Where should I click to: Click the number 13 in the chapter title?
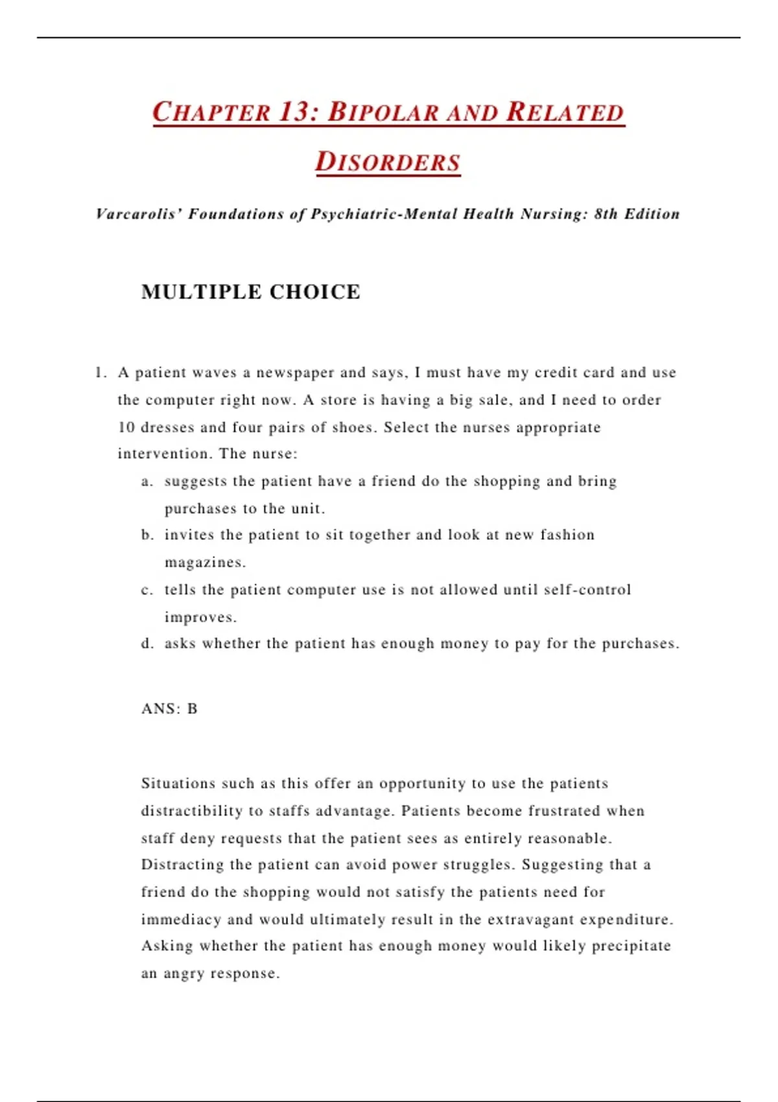[296, 111]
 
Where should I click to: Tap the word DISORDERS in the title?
[388, 162]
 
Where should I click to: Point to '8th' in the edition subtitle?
[606, 214]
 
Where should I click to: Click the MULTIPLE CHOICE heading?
[250, 292]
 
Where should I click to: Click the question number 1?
[99, 373]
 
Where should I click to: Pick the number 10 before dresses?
[126, 428]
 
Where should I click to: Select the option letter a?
[147, 482]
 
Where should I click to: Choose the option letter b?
[147, 535]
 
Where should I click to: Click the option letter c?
[147, 590]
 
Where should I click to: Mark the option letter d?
[147, 644]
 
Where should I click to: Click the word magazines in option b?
[204, 563]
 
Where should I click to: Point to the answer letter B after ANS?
[192, 709]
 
